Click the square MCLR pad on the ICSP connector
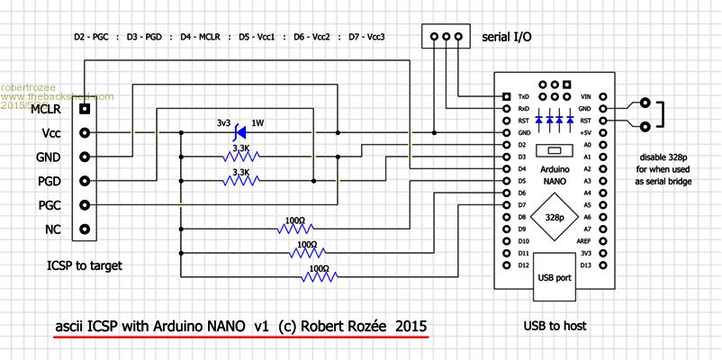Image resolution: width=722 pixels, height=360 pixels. coord(86,109)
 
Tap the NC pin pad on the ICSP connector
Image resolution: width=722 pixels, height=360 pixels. coord(86,229)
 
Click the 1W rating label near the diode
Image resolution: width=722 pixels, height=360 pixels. coord(258,122)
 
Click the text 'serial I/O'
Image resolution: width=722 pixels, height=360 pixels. coord(506,38)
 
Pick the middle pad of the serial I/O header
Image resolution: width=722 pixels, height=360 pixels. coord(447,38)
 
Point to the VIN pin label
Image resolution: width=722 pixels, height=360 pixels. coord(585,96)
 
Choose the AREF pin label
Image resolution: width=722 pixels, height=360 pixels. coord(583,241)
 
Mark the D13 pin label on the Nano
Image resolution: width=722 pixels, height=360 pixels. coord(585,265)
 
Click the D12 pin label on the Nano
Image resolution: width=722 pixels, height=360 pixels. coord(523,265)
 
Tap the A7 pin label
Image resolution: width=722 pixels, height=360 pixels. coord(587,229)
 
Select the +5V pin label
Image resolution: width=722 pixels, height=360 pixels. coord(585,132)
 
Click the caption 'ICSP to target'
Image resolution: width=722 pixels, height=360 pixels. coord(84,266)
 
